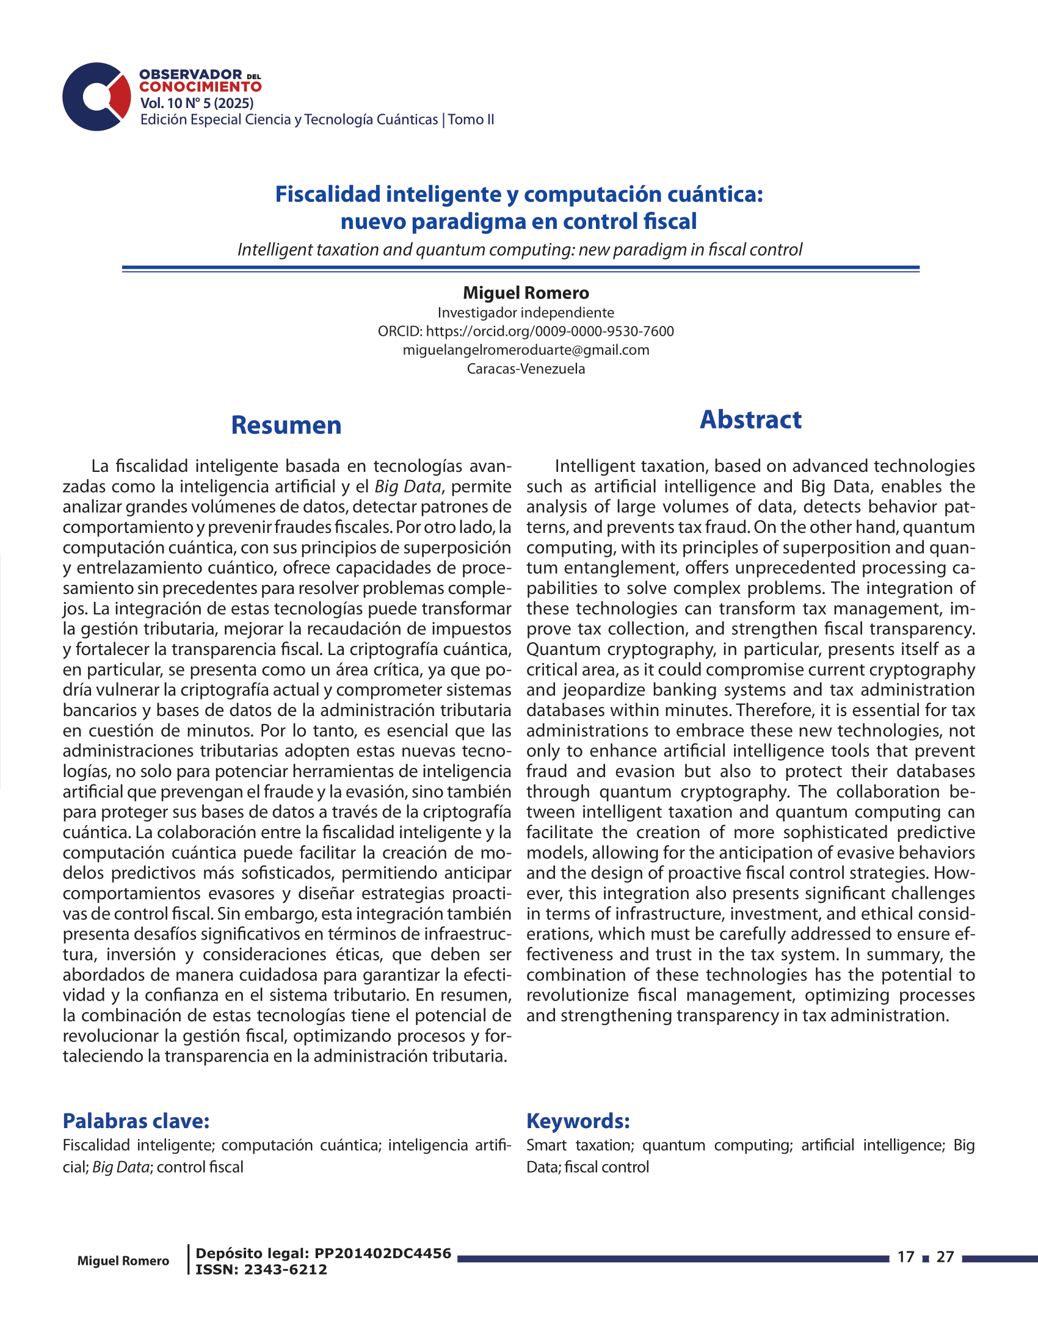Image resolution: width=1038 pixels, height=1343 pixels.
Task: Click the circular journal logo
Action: point(96,96)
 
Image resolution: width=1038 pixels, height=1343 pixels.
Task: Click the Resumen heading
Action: point(286,425)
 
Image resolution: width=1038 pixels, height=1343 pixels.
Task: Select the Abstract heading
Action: point(750,419)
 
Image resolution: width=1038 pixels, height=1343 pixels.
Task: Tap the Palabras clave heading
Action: point(136,1120)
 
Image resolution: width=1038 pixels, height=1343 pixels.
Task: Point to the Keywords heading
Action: point(578,1120)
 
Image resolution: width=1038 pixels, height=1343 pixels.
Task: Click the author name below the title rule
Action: point(526,292)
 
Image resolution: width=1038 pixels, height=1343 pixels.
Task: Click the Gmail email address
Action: point(526,350)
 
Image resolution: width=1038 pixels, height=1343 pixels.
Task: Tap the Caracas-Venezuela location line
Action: point(526,369)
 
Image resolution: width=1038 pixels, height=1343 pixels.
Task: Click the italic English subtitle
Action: point(520,250)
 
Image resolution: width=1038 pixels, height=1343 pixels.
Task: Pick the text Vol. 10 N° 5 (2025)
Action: point(197,103)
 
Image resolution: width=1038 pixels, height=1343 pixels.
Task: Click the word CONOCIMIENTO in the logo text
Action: point(200,87)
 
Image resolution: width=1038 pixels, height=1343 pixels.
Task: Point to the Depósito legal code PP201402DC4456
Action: point(382,1253)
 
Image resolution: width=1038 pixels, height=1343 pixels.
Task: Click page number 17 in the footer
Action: point(906,1257)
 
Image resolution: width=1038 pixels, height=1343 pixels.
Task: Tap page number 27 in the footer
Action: point(945,1257)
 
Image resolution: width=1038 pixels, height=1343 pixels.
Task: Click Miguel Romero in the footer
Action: point(123,1261)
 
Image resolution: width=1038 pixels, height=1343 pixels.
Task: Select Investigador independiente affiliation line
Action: point(526,313)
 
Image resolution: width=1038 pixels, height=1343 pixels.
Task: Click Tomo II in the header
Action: point(470,119)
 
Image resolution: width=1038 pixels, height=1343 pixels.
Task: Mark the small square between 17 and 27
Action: point(926,1259)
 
